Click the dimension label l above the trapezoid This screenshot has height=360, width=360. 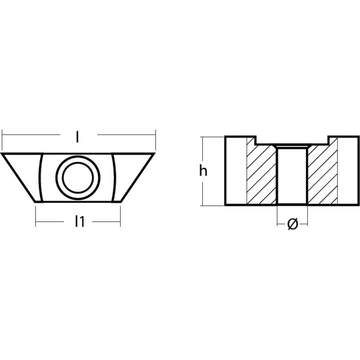coord(78,137)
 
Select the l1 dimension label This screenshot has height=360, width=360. coord(78,222)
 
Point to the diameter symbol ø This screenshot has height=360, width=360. coord(292,224)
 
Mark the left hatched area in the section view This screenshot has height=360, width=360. coord(262,174)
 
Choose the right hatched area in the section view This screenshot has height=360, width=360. coord(323,174)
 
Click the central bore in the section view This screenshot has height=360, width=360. coord(292,177)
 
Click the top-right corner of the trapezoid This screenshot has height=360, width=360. coord(155,154)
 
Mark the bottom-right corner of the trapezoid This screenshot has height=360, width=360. coord(120,201)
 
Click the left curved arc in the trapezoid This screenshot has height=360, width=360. coord(40,177)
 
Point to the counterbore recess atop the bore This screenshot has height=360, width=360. coord(292,145)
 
